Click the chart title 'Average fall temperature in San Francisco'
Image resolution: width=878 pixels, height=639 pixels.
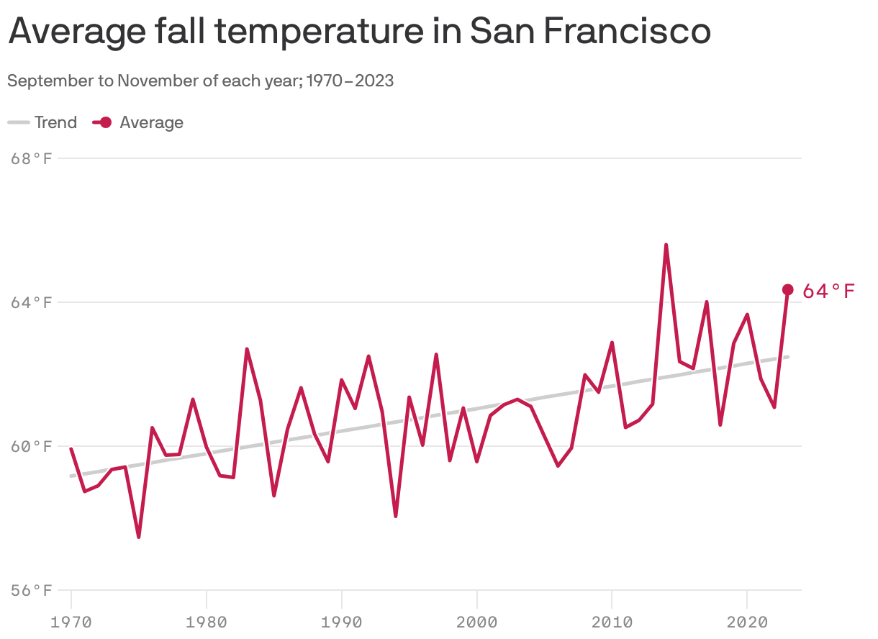[359, 31]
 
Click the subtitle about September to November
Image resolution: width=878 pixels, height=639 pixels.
[200, 81]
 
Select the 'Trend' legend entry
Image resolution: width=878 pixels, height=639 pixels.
[43, 122]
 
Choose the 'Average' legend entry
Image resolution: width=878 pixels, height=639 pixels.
[139, 122]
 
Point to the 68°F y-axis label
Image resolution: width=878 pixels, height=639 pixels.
[32, 158]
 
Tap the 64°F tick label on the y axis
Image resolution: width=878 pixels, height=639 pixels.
[32, 302]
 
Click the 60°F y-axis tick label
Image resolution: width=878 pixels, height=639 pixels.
[32, 446]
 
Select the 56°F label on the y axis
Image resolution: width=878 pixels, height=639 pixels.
[32, 590]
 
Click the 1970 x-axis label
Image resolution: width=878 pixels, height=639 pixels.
[71, 621]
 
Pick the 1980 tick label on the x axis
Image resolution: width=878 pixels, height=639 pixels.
[207, 621]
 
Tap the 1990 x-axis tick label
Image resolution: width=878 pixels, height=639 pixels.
[341, 621]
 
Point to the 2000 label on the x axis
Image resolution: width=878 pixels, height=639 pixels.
[476, 621]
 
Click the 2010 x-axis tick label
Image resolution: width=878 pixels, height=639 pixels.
[612, 621]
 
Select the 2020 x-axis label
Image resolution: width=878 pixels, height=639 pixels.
[747, 621]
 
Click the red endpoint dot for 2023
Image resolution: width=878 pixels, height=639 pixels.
[787, 289]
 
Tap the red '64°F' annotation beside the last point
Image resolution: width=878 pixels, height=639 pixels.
[828, 291]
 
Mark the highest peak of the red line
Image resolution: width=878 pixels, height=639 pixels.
[666, 245]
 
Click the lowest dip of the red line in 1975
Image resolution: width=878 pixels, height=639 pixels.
[139, 537]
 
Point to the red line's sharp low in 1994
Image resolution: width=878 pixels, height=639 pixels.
[396, 516]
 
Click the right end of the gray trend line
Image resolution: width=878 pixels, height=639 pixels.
[788, 357]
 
